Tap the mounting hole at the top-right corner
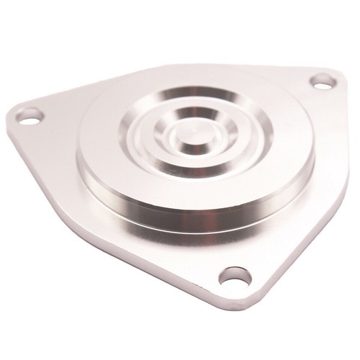point(323,80)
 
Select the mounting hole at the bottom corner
point(235,276)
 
